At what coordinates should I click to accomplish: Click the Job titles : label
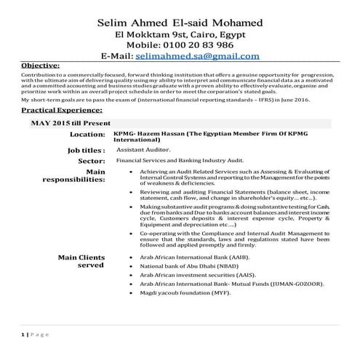click(x=82, y=150)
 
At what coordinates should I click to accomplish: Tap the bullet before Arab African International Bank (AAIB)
click(x=129, y=258)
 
